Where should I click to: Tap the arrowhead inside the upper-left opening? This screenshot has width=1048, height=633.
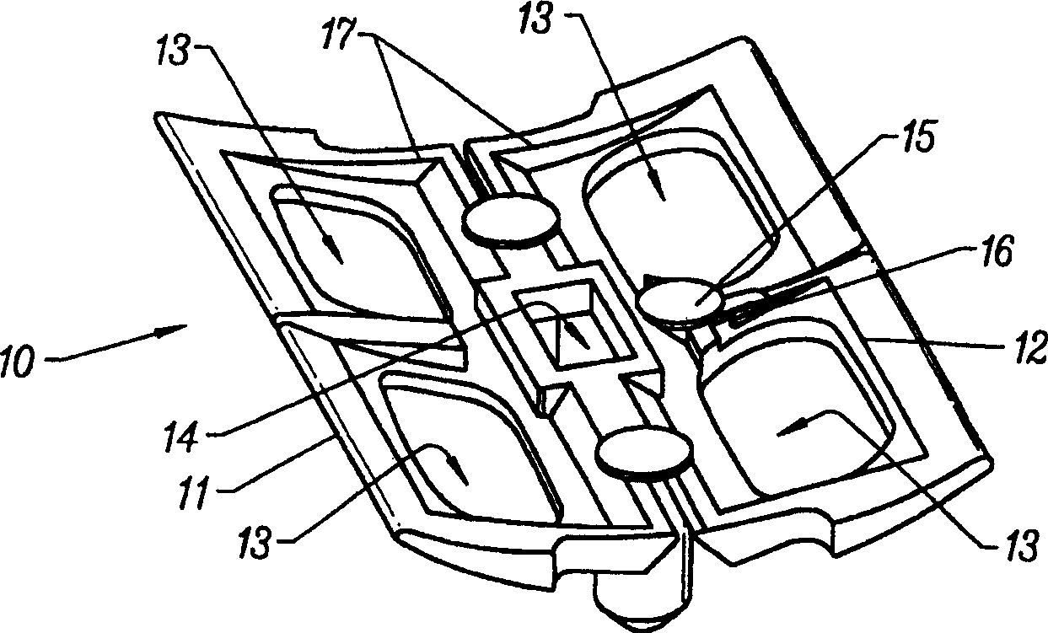336,251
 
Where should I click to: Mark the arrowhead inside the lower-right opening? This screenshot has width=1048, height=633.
782,428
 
